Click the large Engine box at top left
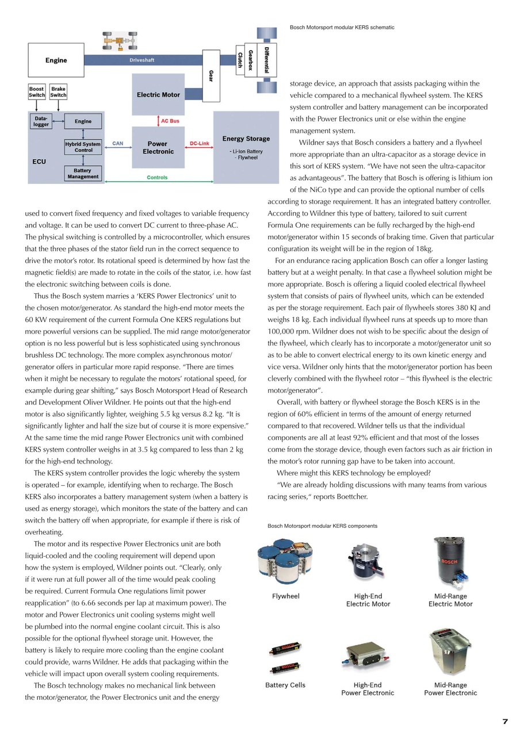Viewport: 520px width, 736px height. click(56, 60)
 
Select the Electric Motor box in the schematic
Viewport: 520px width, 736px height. click(158, 94)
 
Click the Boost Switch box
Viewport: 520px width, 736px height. click(37, 92)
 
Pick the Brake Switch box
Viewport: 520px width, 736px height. click(58, 92)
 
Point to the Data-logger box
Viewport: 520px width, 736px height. click(41, 121)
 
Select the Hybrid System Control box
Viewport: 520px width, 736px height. click(83, 147)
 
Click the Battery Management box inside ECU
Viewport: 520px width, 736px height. click(83, 174)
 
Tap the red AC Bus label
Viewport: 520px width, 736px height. click(170, 121)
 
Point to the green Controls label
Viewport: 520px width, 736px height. click(157, 178)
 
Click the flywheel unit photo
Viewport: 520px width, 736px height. click(285, 561)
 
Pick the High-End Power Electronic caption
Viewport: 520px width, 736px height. click(368, 689)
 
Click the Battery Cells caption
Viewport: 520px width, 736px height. click(285, 685)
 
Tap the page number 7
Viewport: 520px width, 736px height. click(504, 722)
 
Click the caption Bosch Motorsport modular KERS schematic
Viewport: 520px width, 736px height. click(342, 28)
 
